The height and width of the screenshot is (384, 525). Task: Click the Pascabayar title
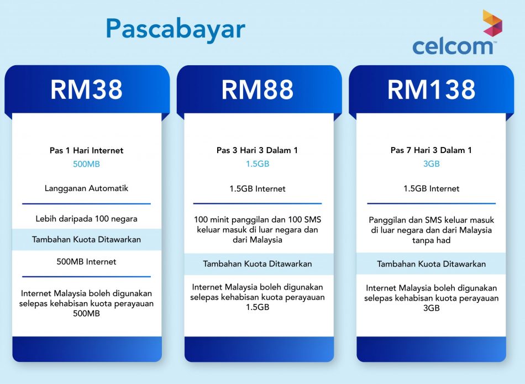click(176, 29)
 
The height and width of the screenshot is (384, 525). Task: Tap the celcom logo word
click(453, 46)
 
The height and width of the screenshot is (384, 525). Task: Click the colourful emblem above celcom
click(492, 23)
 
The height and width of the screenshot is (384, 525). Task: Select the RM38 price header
click(86, 90)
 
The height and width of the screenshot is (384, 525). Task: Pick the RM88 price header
click(258, 90)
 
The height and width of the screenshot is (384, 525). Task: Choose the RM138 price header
click(431, 90)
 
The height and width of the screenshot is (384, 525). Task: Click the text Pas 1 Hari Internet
click(86, 150)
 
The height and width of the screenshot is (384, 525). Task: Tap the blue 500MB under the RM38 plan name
click(86, 164)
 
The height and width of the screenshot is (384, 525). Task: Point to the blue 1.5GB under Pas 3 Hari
click(258, 164)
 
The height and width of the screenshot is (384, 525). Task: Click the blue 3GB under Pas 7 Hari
click(431, 164)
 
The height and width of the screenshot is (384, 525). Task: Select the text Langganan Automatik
click(86, 188)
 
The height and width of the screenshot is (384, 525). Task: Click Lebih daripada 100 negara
click(86, 219)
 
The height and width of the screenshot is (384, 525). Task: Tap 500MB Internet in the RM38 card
click(86, 261)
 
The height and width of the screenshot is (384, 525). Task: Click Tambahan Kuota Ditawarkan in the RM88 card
click(258, 264)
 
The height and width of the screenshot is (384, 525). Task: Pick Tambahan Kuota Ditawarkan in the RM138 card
click(431, 264)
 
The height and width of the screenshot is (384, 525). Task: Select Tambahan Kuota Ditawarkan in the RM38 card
click(86, 239)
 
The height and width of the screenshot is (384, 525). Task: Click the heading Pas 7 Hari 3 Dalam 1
click(431, 150)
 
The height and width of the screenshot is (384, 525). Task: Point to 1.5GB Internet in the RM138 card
click(431, 188)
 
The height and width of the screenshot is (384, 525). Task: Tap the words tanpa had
click(431, 240)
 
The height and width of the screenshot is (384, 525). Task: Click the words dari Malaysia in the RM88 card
click(258, 240)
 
